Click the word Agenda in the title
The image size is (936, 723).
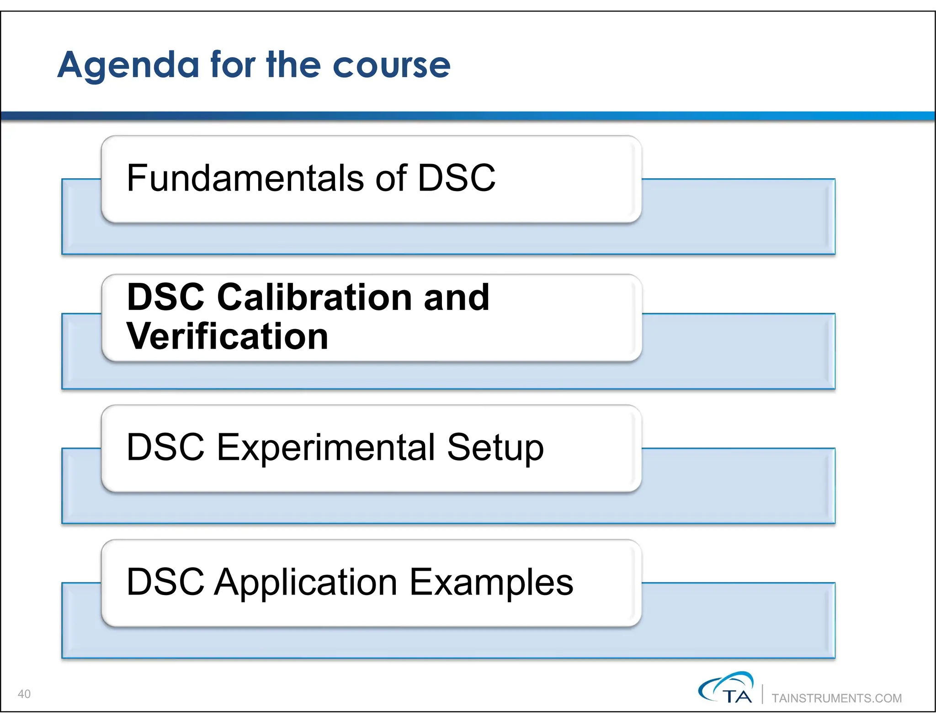tap(128, 66)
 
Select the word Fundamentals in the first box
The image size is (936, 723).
tap(245, 178)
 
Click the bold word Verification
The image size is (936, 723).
tap(227, 336)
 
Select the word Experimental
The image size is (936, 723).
tap(325, 447)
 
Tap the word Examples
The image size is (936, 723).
tap(491, 583)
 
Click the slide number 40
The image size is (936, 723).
tap(24, 694)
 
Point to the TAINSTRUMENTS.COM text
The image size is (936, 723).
tap(836, 698)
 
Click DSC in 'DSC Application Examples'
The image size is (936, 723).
tap(165, 582)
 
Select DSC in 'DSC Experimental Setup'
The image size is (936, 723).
tap(165, 447)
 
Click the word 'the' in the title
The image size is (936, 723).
tap(294, 65)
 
